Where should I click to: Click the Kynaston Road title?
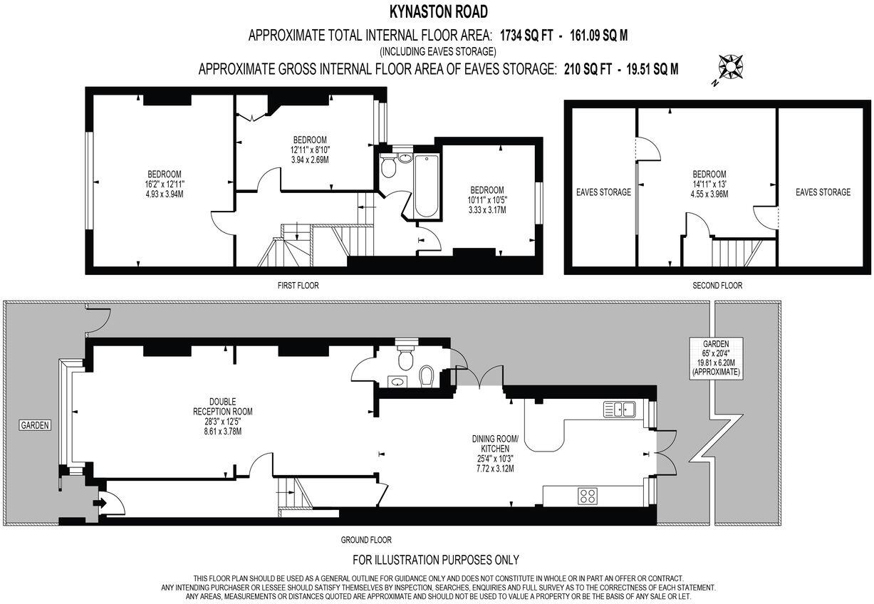point(437,11)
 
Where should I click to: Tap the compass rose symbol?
point(731,68)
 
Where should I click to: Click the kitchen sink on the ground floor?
point(619,409)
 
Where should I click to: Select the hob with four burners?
point(588,495)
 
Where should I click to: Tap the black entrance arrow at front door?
point(98,503)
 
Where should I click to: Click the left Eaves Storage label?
point(603,192)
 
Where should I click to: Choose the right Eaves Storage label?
point(823,192)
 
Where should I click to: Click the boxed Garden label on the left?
point(34,425)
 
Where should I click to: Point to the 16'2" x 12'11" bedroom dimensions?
point(165,184)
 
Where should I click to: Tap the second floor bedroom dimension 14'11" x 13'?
point(709,184)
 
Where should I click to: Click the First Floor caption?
point(298,286)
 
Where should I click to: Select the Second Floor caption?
point(717,286)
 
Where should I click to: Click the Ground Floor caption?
point(365,540)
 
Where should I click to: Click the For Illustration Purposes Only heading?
point(436,560)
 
